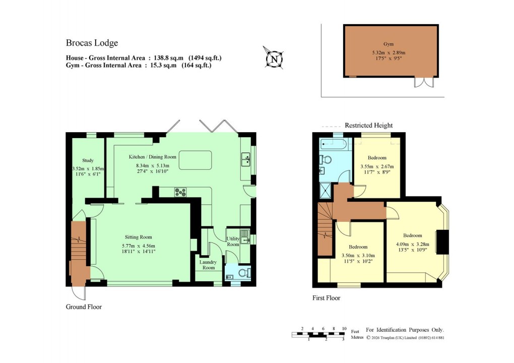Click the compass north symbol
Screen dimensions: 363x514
pos(274,58)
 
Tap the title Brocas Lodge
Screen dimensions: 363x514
pos(92,43)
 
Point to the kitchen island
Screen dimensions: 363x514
pos(196,160)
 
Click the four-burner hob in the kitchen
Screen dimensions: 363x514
pos(180,192)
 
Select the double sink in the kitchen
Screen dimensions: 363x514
pos(246,159)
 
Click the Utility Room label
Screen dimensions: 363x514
pos(233,241)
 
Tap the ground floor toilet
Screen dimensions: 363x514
pos(243,273)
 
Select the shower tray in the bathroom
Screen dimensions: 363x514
pos(324,190)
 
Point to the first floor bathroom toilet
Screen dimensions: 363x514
pos(326,160)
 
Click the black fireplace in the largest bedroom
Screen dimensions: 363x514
pos(441,242)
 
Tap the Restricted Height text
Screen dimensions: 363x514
pos(368,126)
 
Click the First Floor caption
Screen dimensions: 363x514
pos(326,298)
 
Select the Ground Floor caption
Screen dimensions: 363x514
pos(84,307)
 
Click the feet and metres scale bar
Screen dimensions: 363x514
pos(319,334)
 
